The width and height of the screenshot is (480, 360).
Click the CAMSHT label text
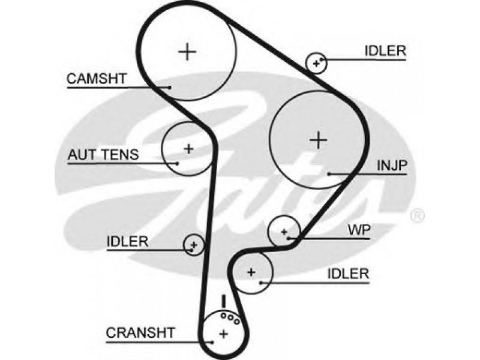(x=97, y=79)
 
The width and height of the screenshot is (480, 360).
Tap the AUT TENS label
(x=103, y=155)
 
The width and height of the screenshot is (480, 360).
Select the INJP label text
(x=392, y=166)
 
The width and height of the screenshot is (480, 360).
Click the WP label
(x=359, y=230)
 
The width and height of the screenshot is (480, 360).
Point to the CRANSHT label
(x=140, y=332)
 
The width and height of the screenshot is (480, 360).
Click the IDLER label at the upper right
(x=385, y=51)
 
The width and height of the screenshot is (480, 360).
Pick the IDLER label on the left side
(x=127, y=242)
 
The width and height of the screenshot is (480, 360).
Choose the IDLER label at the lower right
(x=348, y=274)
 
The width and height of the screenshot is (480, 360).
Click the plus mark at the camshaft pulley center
(x=187, y=52)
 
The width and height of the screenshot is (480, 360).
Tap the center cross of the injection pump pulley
(x=319, y=140)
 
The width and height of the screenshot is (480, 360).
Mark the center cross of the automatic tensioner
(x=189, y=149)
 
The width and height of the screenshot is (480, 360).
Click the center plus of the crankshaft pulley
(x=224, y=334)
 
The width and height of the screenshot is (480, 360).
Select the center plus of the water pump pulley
(x=284, y=232)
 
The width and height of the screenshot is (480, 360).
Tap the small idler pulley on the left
(x=193, y=245)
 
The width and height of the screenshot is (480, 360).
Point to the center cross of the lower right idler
(x=251, y=272)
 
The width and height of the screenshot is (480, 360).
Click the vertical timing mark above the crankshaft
(x=224, y=301)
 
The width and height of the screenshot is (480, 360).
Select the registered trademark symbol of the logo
(x=417, y=215)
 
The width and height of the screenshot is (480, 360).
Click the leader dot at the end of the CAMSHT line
(x=169, y=87)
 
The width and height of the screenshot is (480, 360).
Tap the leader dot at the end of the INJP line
(x=329, y=174)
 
